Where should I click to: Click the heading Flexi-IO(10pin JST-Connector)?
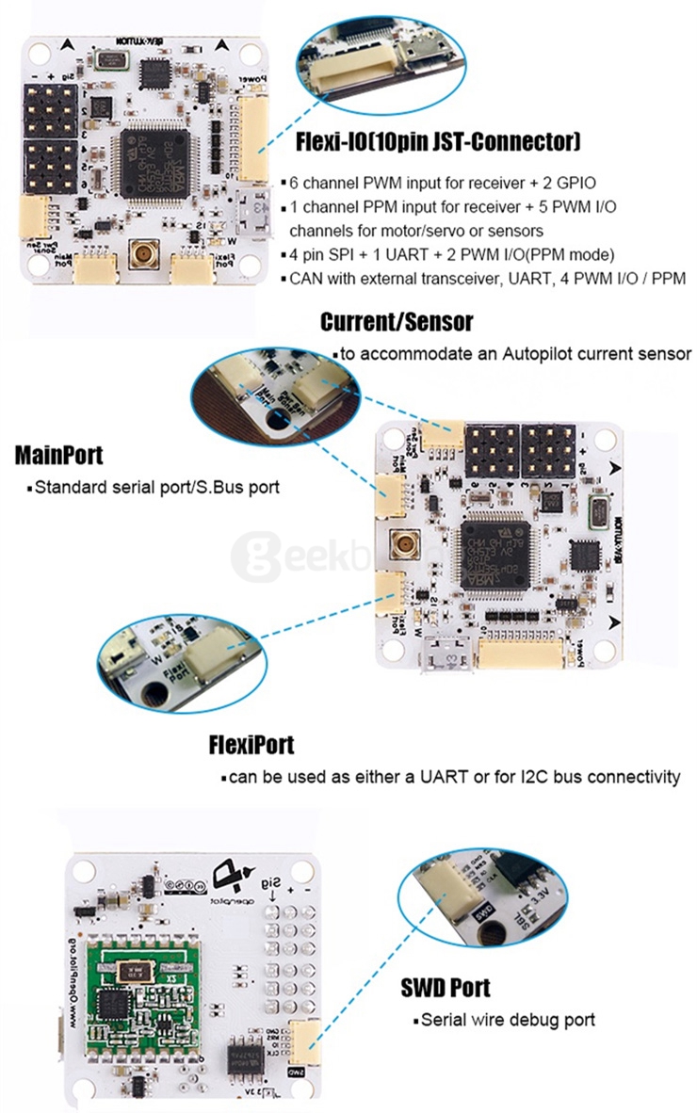pyautogui.click(x=438, y=142)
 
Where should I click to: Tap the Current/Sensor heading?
pyautogui.click(x=397, y=322)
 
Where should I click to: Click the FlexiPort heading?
pyautogui.click(x=251, y=745)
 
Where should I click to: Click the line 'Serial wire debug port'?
pyautogui.click(x=508, y=1020)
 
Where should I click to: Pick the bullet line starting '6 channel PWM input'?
pyautogui.click(x=431, y=182)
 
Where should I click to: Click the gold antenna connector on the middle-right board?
pyautogui.click(x=407, y=544)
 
